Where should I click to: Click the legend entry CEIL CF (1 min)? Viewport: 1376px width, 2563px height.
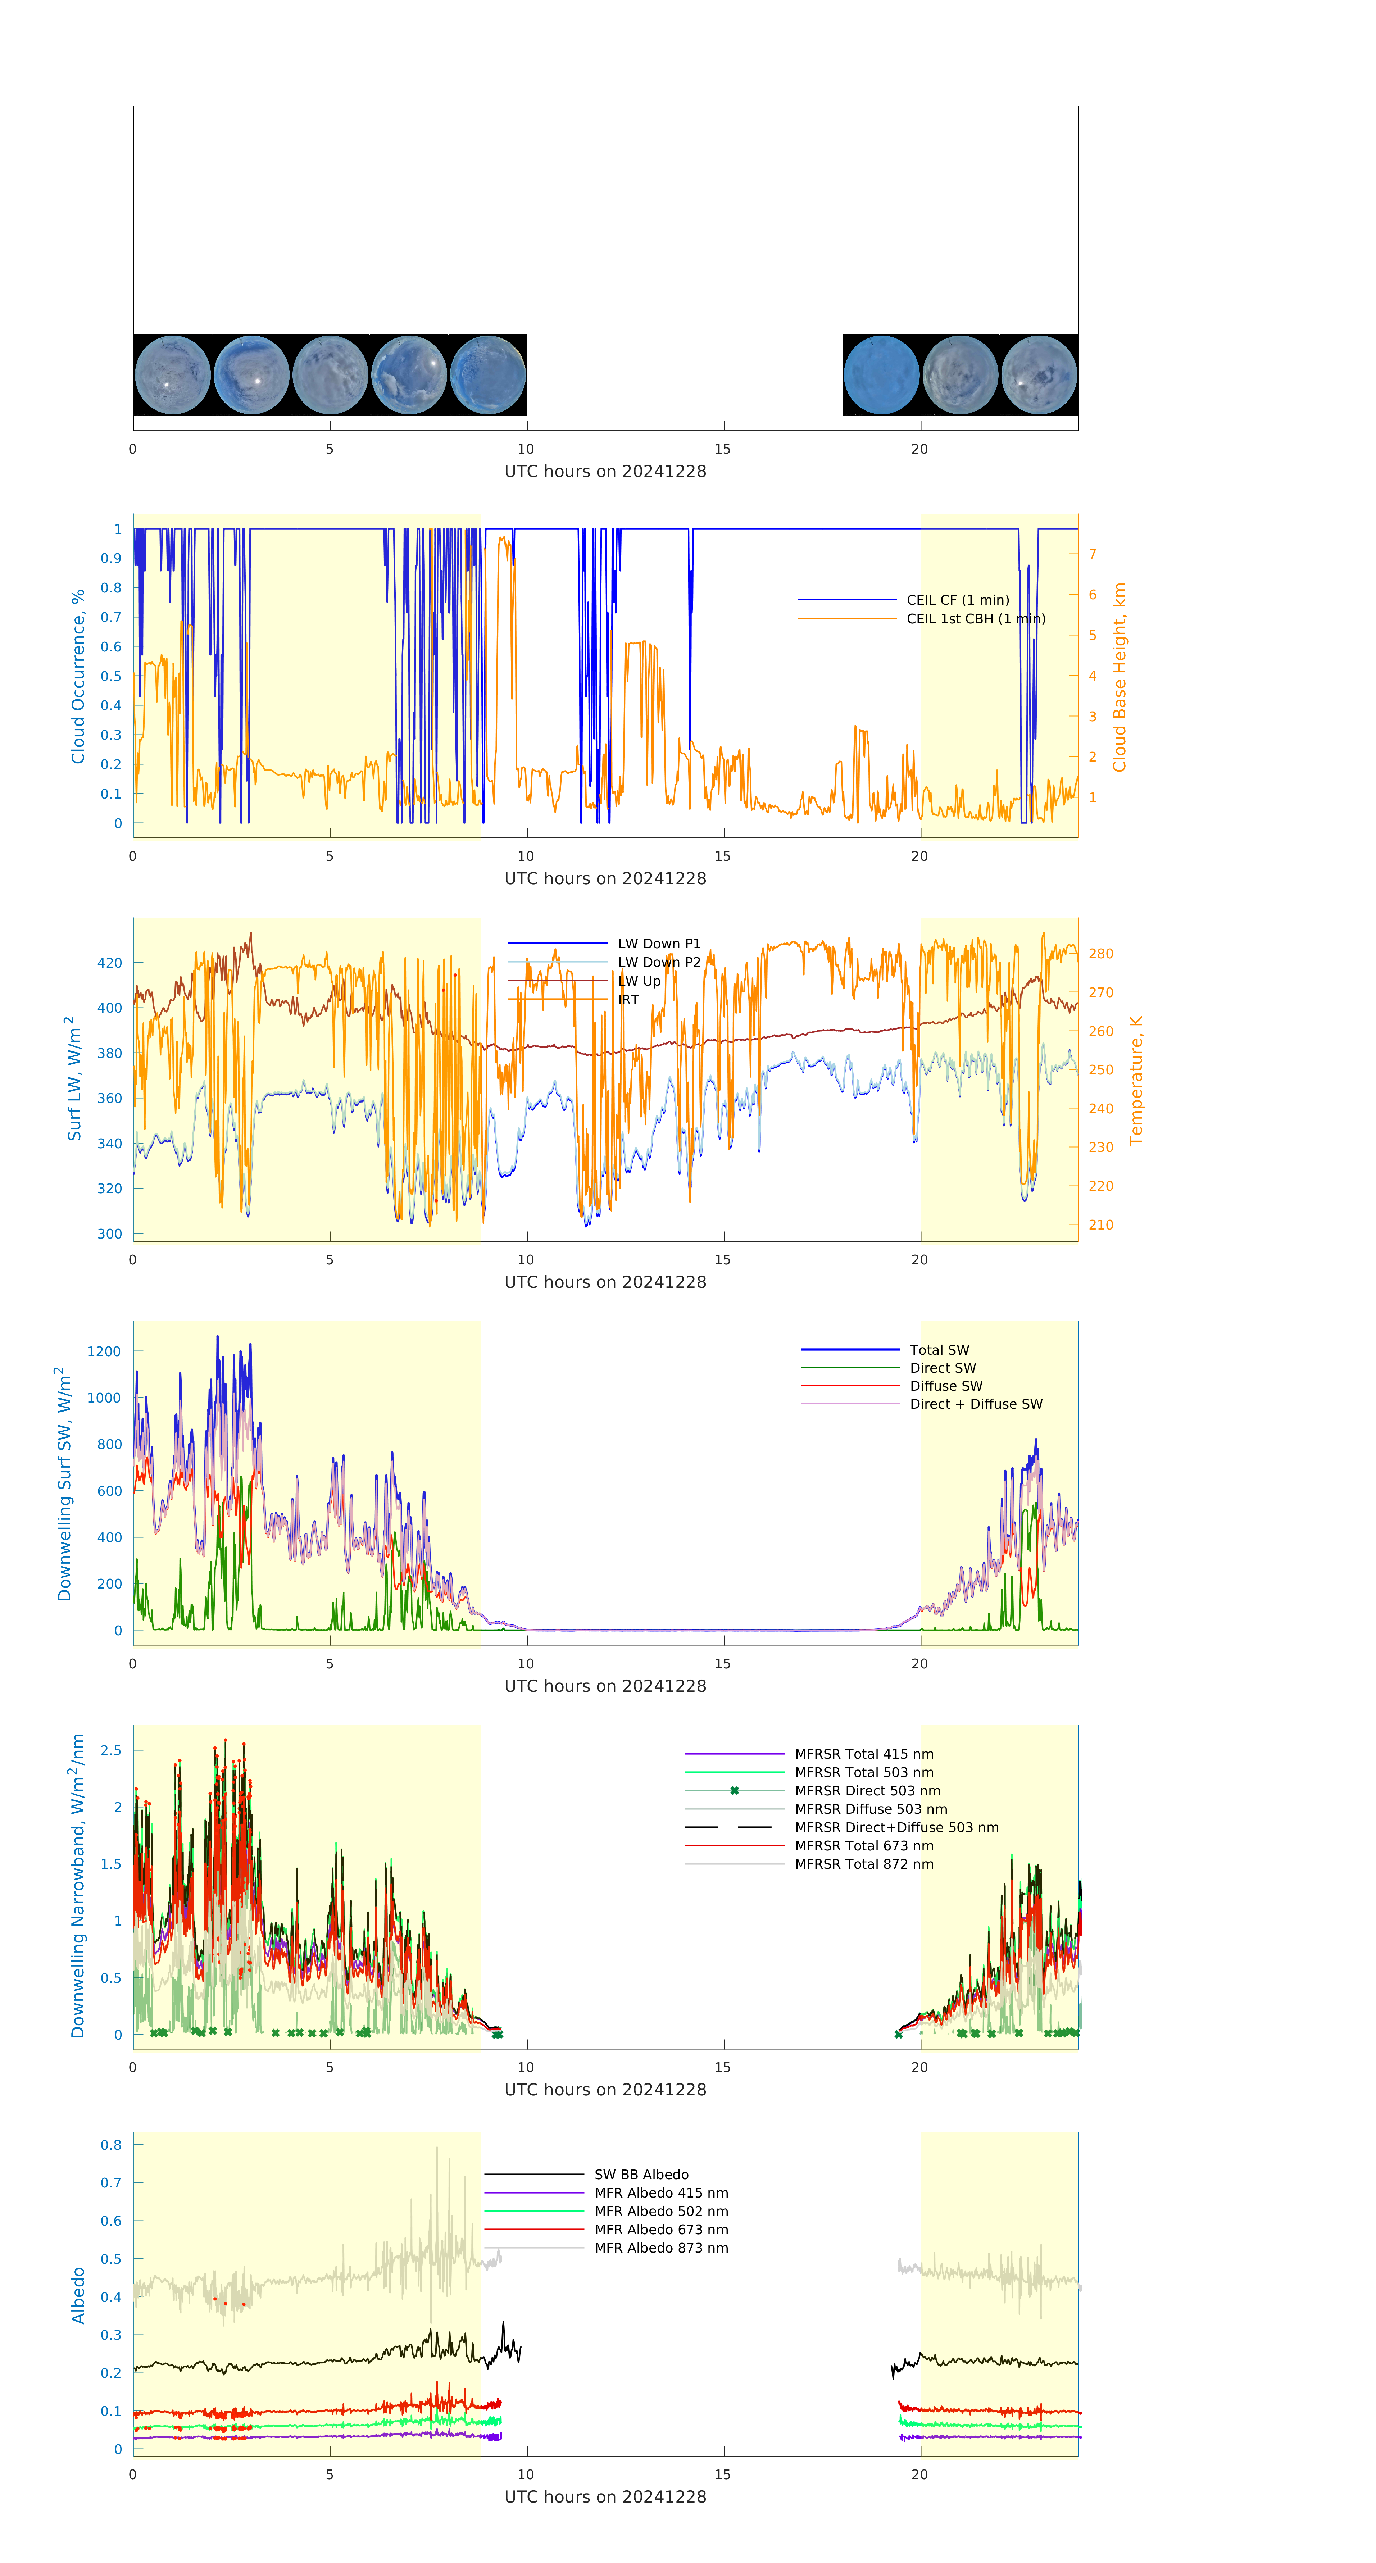point(957,600)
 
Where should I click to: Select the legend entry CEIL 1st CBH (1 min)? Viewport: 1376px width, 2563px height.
point(975,619)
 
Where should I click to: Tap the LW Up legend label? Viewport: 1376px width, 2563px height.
point(639,981)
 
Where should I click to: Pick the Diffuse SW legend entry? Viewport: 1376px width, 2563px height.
point(945,1386)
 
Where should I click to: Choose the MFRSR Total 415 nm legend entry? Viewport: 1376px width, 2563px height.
point(864,1754)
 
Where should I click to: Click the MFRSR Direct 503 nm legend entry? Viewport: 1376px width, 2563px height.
point(867,1791)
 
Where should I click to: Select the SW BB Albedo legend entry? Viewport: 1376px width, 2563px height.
point(641,2175)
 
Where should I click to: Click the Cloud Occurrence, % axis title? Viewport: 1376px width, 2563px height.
point(78,677)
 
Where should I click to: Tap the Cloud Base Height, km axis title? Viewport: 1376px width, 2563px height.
point(1119,677)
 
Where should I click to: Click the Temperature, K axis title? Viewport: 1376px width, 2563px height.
point(1135,1081)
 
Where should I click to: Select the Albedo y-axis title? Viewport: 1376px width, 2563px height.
point(78,2295)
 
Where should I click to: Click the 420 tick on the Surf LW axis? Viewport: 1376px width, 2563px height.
point(109,963)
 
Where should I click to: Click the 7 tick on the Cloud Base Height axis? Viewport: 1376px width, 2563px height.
point(1093,554)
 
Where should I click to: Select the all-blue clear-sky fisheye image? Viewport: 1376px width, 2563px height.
point(881,375)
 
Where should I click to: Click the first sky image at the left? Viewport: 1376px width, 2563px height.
point(172,375)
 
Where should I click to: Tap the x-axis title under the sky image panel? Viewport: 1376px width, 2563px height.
point(605,472)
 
